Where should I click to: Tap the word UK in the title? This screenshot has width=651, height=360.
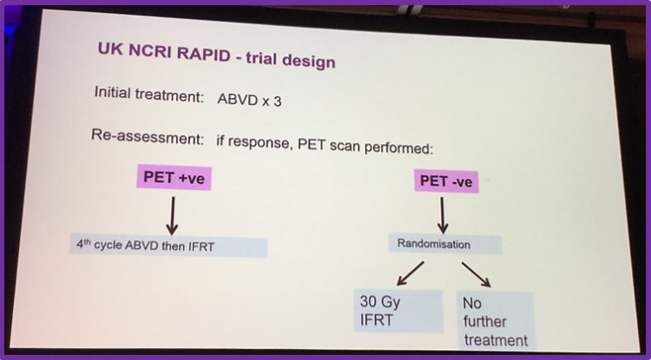110,49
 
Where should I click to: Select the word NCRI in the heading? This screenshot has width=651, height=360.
148,51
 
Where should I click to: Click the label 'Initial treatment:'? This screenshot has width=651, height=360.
149,95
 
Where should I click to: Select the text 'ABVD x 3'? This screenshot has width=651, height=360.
249,100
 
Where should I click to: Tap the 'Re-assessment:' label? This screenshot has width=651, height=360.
148,136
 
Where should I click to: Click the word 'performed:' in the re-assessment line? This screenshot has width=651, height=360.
398,147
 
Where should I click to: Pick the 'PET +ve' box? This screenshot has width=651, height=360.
174,178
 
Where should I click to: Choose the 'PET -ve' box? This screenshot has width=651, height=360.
446,181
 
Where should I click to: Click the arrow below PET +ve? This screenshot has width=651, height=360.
173,216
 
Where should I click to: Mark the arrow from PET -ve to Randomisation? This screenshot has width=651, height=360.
443,215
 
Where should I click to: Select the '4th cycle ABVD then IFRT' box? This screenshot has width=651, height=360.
168,246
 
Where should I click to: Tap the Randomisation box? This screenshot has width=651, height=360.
445,244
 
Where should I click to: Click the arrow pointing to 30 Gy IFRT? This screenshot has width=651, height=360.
411,273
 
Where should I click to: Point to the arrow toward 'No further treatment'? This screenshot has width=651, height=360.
477,275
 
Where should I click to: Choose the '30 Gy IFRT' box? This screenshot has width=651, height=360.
398,311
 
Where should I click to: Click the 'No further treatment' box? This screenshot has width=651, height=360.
495,321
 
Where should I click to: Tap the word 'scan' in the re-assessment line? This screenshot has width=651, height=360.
346,146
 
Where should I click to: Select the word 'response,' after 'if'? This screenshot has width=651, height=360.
260,142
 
